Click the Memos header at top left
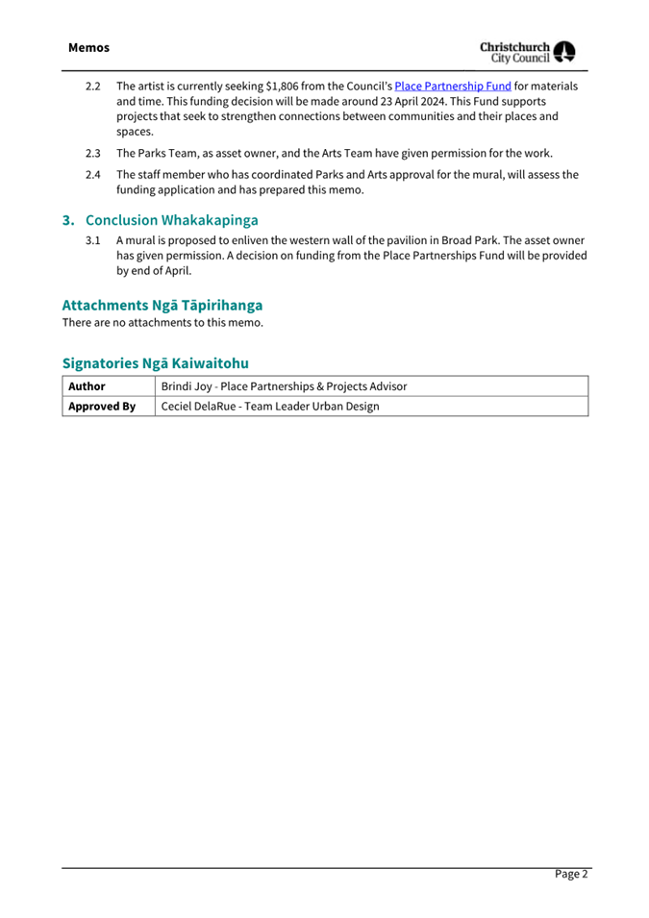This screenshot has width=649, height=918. (x=88, y=47)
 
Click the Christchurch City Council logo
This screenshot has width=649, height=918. (x=528, y=52)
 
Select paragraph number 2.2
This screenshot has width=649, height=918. (x=93, y=87)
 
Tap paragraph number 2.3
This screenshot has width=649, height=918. (x=93, y=153)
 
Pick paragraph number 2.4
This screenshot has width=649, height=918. (x=93, y=175)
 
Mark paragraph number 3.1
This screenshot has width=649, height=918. (x=93, y=240)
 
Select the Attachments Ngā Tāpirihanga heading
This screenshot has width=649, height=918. (x=162, y=305)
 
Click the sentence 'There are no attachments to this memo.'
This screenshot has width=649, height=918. (x=162, y=323)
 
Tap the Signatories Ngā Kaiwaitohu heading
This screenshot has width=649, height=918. (x=155, y=363)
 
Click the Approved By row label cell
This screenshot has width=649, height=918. (x=101, y=407)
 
